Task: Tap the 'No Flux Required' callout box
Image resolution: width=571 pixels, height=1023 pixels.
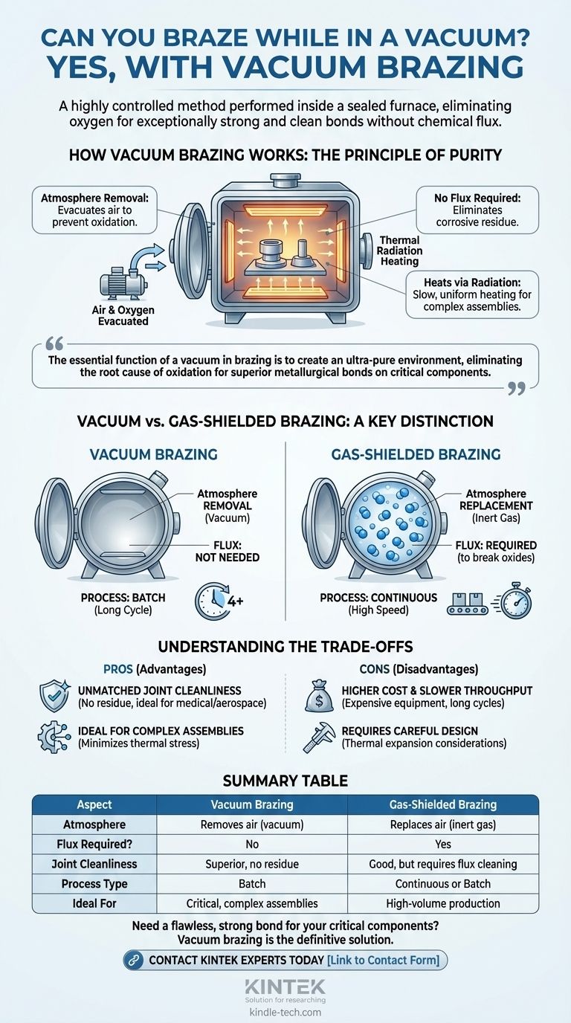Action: [477, 210]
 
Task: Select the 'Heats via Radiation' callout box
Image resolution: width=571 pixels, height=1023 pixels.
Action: [472, 294]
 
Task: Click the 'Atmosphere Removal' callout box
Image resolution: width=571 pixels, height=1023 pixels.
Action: [94, 210]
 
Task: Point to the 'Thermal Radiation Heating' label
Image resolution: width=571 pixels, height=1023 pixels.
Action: [400, 251]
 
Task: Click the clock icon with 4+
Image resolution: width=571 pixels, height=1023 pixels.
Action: [219, 601]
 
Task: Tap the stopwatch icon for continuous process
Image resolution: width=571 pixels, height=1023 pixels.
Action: [516, 600]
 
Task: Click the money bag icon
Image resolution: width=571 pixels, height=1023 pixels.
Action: [319, 697]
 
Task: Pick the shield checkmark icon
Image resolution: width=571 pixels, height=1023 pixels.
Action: [54, 697]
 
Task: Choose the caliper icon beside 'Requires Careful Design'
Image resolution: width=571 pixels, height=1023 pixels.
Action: [319, 737]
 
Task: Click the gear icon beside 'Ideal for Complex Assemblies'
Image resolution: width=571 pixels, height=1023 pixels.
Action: [54, 737]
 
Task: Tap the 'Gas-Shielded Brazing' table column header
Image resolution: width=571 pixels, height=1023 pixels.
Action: [442, 804]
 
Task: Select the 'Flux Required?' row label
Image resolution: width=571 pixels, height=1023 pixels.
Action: [94, 844]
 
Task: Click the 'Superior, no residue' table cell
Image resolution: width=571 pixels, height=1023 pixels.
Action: [252, 864]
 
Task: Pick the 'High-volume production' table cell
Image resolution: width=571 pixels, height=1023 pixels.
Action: [442, 903]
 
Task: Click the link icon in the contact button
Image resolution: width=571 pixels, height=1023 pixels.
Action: [134, 960]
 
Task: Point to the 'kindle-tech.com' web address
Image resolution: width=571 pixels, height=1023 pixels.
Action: [285, 1013]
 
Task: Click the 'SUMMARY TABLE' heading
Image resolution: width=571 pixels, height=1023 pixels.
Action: [285, 781]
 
